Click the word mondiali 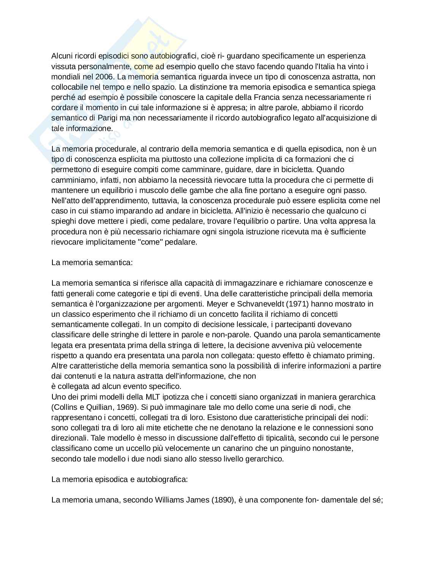[x=65, y=77]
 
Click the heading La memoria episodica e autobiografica [x=119, y=479]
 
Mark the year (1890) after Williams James [x=222, y=500]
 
